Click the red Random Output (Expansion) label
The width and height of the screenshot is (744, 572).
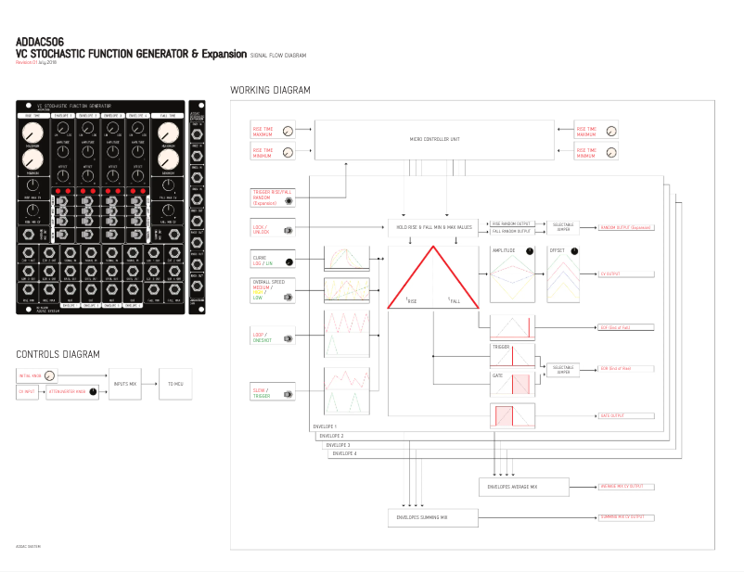[x=626, y=227]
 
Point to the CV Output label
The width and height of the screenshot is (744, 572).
[x=613, y=275]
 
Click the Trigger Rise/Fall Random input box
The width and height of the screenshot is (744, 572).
[x=274, y=197]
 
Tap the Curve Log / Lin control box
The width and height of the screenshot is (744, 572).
[x=274, y=262]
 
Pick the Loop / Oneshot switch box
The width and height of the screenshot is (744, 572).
[x=274, y=337]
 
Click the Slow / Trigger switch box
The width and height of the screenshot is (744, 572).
[x=274, y=394]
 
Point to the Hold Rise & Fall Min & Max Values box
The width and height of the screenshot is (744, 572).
[x=434, y=227]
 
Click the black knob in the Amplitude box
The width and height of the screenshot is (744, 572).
[x=530, y=251]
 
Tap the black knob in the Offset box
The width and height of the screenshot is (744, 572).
[x=574, y=251]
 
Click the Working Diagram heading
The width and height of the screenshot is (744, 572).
[x=270, y=90]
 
